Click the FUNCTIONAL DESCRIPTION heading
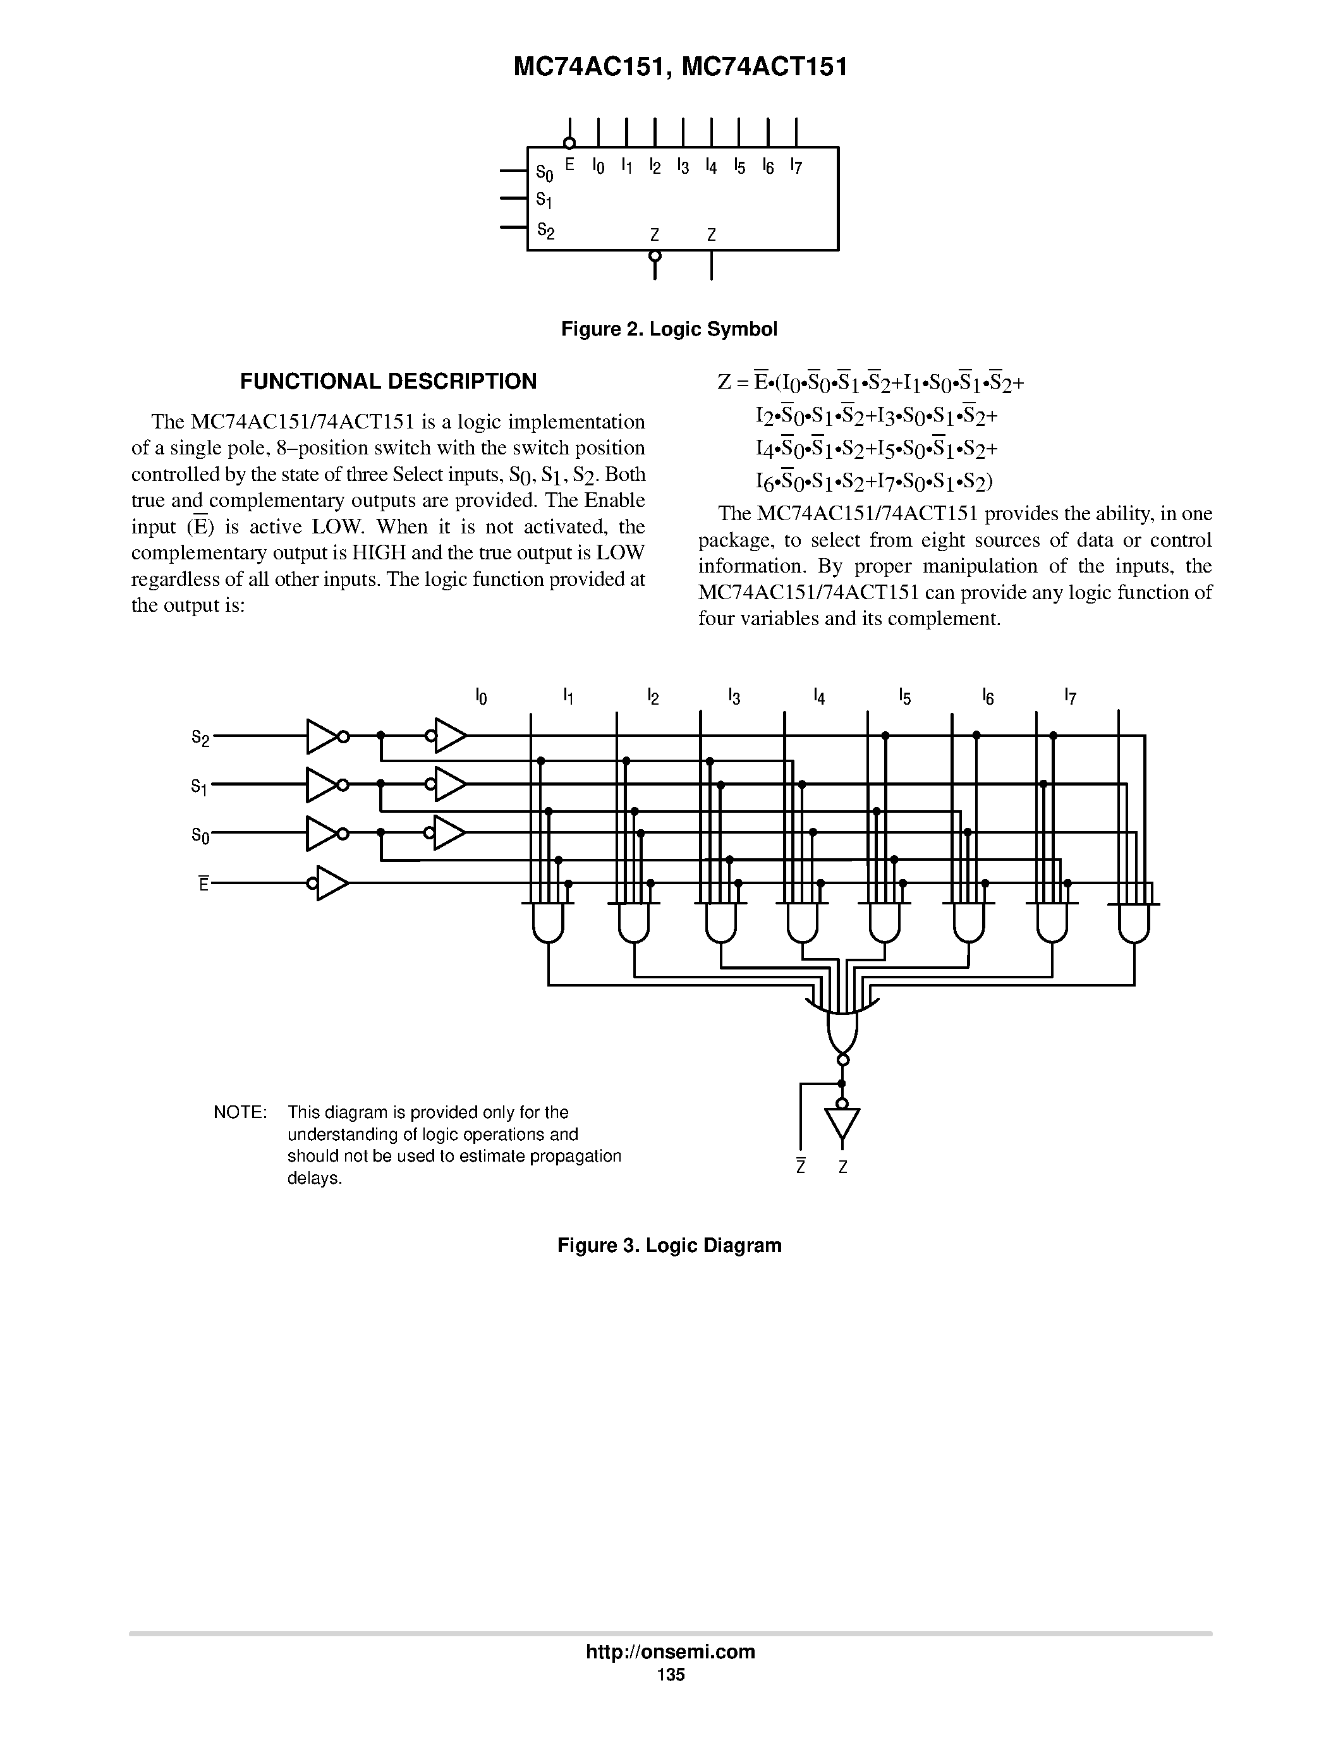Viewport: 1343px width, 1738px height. point(388,382)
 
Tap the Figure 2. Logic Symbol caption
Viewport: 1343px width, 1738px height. point(669,329)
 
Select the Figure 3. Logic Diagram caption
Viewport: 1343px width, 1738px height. point(669,1246)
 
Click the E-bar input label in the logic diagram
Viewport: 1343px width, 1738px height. point(204,884)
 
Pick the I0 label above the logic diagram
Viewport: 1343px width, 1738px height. point(480,697)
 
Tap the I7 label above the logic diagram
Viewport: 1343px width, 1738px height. point(1070,697)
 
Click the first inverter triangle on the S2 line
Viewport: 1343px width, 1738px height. point(320,737)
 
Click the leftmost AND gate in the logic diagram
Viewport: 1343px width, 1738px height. point(547,923)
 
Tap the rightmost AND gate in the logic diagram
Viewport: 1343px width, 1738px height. point(1134,923)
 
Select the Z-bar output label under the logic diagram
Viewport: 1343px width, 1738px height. point(801,1167)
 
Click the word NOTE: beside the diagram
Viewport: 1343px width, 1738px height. point(240,1112)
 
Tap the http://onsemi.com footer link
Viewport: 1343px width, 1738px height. point(670,1652)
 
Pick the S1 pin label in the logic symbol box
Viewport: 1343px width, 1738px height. point(544,199)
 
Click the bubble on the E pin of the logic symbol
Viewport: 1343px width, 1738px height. point(569,143)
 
